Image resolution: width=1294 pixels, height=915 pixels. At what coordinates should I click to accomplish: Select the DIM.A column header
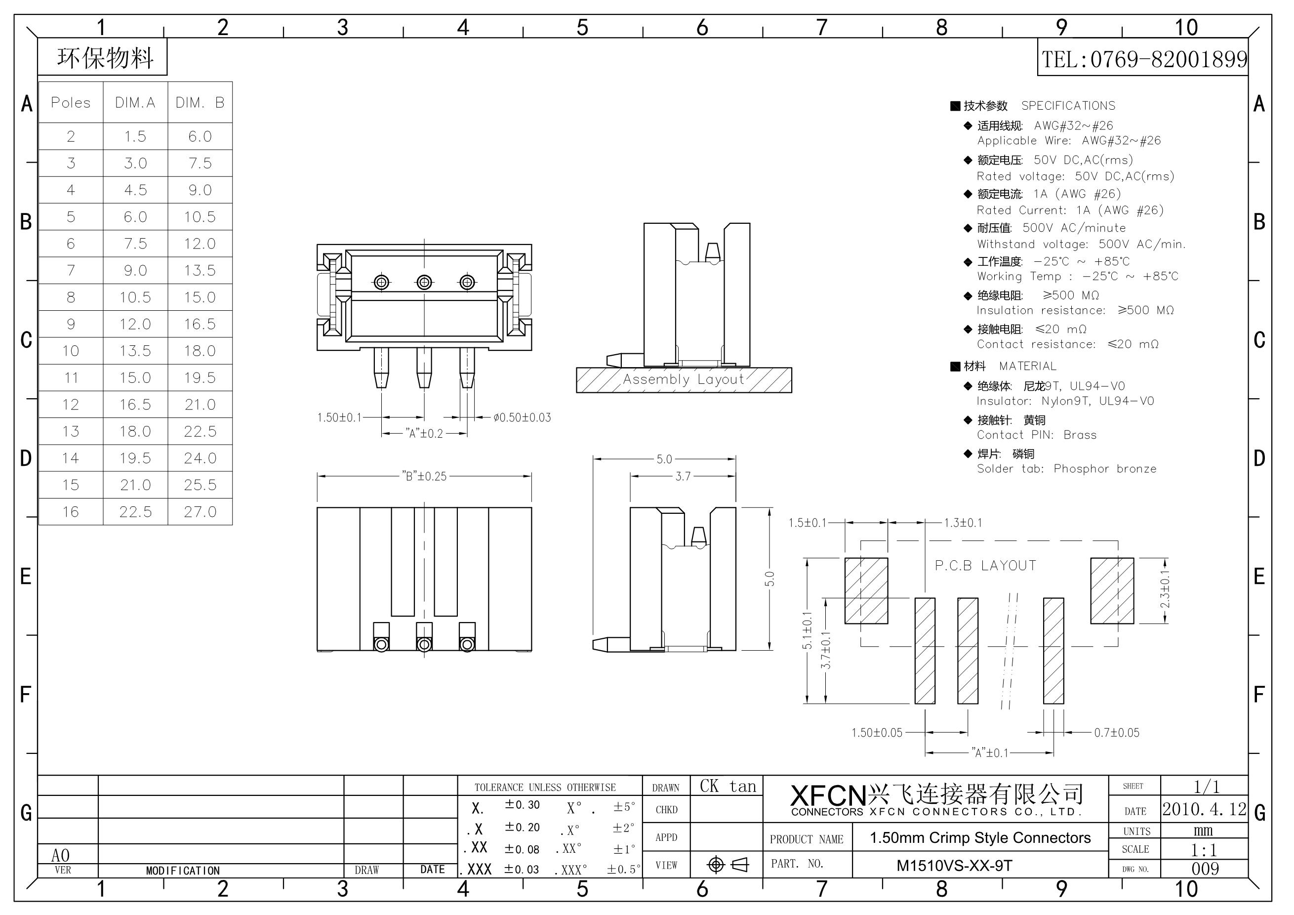pyautogui.click(x=135, y=103)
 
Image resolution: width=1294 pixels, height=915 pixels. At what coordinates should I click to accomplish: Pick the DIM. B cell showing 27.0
pyautogui.click(x=200, y=511)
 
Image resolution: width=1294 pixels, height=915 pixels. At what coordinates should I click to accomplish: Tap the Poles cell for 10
pyautogui.click(x=71, y=351)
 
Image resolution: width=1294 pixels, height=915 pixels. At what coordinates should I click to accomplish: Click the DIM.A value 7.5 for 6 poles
pyautogui.click(x=135, y=244)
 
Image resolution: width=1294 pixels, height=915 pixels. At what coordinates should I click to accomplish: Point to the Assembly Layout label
pyautogui.click(x=683, y=379)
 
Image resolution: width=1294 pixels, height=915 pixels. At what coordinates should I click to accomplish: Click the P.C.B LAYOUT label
pyautogui.click(x=985, y=566)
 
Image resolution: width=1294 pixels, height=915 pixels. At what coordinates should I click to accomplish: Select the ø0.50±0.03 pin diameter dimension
pyautogui.click(x=523, y=418)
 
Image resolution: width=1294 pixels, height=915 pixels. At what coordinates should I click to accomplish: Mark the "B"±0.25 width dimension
pyautogui.click(x=424, y=476)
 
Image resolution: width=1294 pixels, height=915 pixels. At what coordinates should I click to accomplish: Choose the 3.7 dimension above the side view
pyautogui.click(x=683, y=476)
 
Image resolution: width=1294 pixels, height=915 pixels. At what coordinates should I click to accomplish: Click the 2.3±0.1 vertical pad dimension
pyautogui.click(x=1165, y=590)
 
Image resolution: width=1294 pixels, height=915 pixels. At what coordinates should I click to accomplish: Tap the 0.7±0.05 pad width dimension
pyautogui.click(x=1117, y=732)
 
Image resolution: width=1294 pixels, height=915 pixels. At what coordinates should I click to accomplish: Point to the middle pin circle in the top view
pyautogui.click(x=424, y=282)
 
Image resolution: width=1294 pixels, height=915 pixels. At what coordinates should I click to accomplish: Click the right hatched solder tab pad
pyautogui.click(x=1112, y=590)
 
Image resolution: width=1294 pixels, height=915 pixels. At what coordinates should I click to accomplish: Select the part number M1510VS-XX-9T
pyautogui.click(x=954, y=866)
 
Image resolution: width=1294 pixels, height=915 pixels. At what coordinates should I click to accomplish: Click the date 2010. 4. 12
pyautogui.click(x=1205, y=809)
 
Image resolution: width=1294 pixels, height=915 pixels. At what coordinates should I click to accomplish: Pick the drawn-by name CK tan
pyautogui.click(x=728, y=786)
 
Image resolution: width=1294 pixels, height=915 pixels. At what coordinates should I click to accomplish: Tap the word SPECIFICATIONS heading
pyautogui.click(x=1068, y=105)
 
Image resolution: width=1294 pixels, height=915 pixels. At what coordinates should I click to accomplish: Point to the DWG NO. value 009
pyautogui.click(x=1205, y=869)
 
